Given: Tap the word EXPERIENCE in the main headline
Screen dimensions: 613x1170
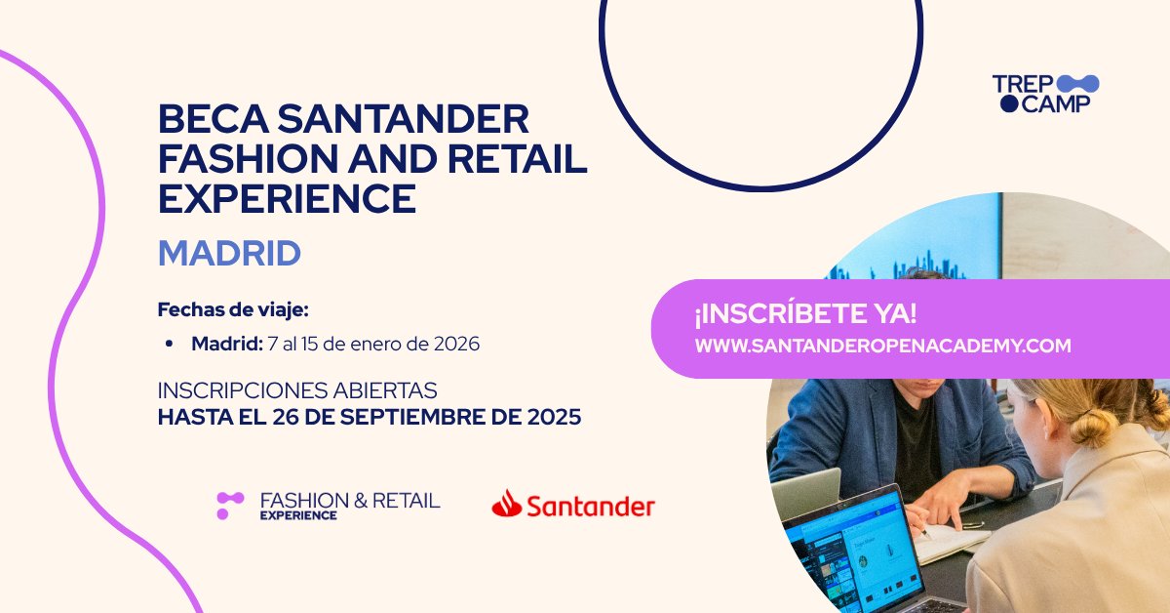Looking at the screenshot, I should click(x=287, y=198).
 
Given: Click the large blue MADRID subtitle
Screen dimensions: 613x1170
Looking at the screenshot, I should click(x=229, y=254).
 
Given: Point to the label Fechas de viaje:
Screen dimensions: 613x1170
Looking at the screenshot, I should click(x=233, y=310).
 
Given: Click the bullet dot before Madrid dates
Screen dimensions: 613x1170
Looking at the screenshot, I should click(x=170, y=345).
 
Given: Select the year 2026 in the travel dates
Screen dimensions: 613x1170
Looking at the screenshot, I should click(x=454, y=345).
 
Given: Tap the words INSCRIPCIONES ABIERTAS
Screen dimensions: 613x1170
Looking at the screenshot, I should click(x=297, y=389).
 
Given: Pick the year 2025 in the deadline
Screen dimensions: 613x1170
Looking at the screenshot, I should click(x=550, y=417).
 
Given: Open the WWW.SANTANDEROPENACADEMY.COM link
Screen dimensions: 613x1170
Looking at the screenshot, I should click(x=882, y=346).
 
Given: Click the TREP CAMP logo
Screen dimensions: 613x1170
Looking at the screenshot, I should click(x=1045, y=94).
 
